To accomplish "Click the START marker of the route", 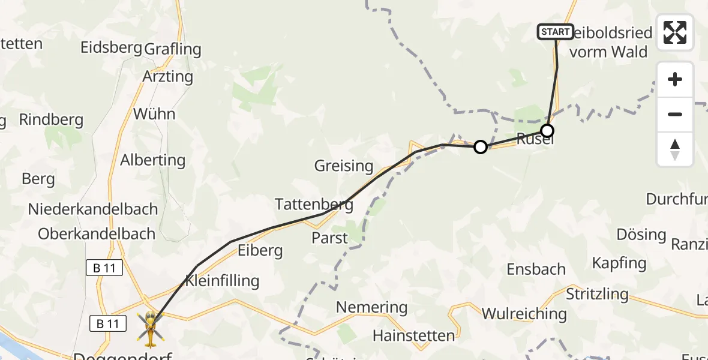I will (x=555, y=32).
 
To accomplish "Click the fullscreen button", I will (x=675, y=32).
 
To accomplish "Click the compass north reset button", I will (x=675, y=149).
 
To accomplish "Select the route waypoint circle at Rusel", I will (x=547, y=130).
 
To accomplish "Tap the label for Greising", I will (x=344, y=166).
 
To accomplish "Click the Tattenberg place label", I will (x=314, y=204).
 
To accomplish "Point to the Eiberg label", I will (x=260, y=250).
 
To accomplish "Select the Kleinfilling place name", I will (x=222, y=280).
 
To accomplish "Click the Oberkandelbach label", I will (x=97, y=234).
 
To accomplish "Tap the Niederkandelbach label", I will (x=93, y=209).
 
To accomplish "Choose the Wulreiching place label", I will (x=524, y=313).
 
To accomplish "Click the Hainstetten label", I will (x=413, y=335).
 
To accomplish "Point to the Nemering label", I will (x=371, y=308).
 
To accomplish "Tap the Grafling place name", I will (x=172, y=49).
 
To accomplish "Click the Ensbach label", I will (x=536, y=269).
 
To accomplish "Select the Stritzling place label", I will (x=597, y=295).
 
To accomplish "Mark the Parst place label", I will (x=329, y=238).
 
